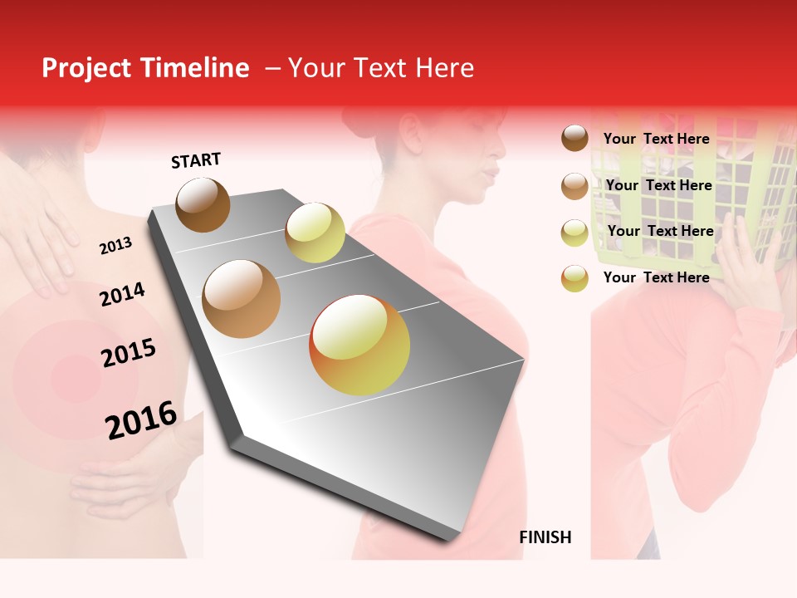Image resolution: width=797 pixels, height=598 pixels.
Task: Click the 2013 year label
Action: (115, 245)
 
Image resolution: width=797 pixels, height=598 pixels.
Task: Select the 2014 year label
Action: (122, 294)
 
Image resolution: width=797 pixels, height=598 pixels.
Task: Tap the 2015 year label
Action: (129, 353)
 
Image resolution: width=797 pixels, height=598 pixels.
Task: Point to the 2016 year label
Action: (141, 419)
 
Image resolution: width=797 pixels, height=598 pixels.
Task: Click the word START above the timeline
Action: (196, 160)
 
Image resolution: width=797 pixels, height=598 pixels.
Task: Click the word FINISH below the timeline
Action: (545, 537)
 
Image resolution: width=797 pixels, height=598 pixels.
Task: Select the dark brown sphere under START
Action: (203, 204)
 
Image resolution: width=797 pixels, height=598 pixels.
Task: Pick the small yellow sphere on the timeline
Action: (315, 233)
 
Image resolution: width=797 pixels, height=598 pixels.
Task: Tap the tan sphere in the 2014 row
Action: (242, 299)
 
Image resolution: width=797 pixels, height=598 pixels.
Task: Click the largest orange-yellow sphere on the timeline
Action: (359, 345)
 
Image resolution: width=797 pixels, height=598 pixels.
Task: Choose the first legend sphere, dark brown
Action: (575, 138)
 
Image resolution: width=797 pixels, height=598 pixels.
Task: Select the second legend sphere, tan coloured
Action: (575, 186)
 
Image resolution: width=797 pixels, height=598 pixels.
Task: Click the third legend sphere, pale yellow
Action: (575, 233)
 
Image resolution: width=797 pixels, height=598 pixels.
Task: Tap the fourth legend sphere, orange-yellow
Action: (575, 278)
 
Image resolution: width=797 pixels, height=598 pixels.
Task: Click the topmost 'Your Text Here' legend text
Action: (656, 139)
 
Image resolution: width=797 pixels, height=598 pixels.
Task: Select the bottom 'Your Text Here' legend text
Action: (656, 277)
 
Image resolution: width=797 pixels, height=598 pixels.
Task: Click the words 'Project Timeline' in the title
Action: (145, 68)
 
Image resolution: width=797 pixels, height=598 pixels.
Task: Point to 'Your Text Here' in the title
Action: (381, 68)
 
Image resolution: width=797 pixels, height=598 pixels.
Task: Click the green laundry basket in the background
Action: (656, 199)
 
